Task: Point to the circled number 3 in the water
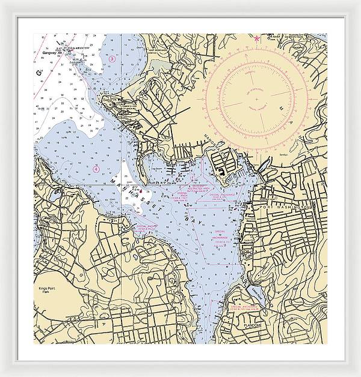click(112, 59)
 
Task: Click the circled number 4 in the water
click(96, 169)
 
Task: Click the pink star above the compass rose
click(257, 40)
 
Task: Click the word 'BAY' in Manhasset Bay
click(196, 222)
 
